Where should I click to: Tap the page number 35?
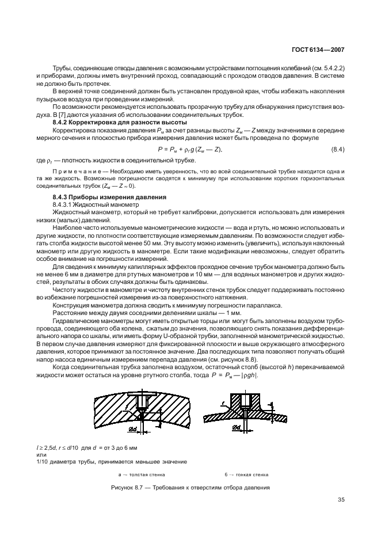point(341,499)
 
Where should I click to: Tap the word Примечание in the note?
point(74,172)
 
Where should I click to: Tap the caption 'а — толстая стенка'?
point(142,474)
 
